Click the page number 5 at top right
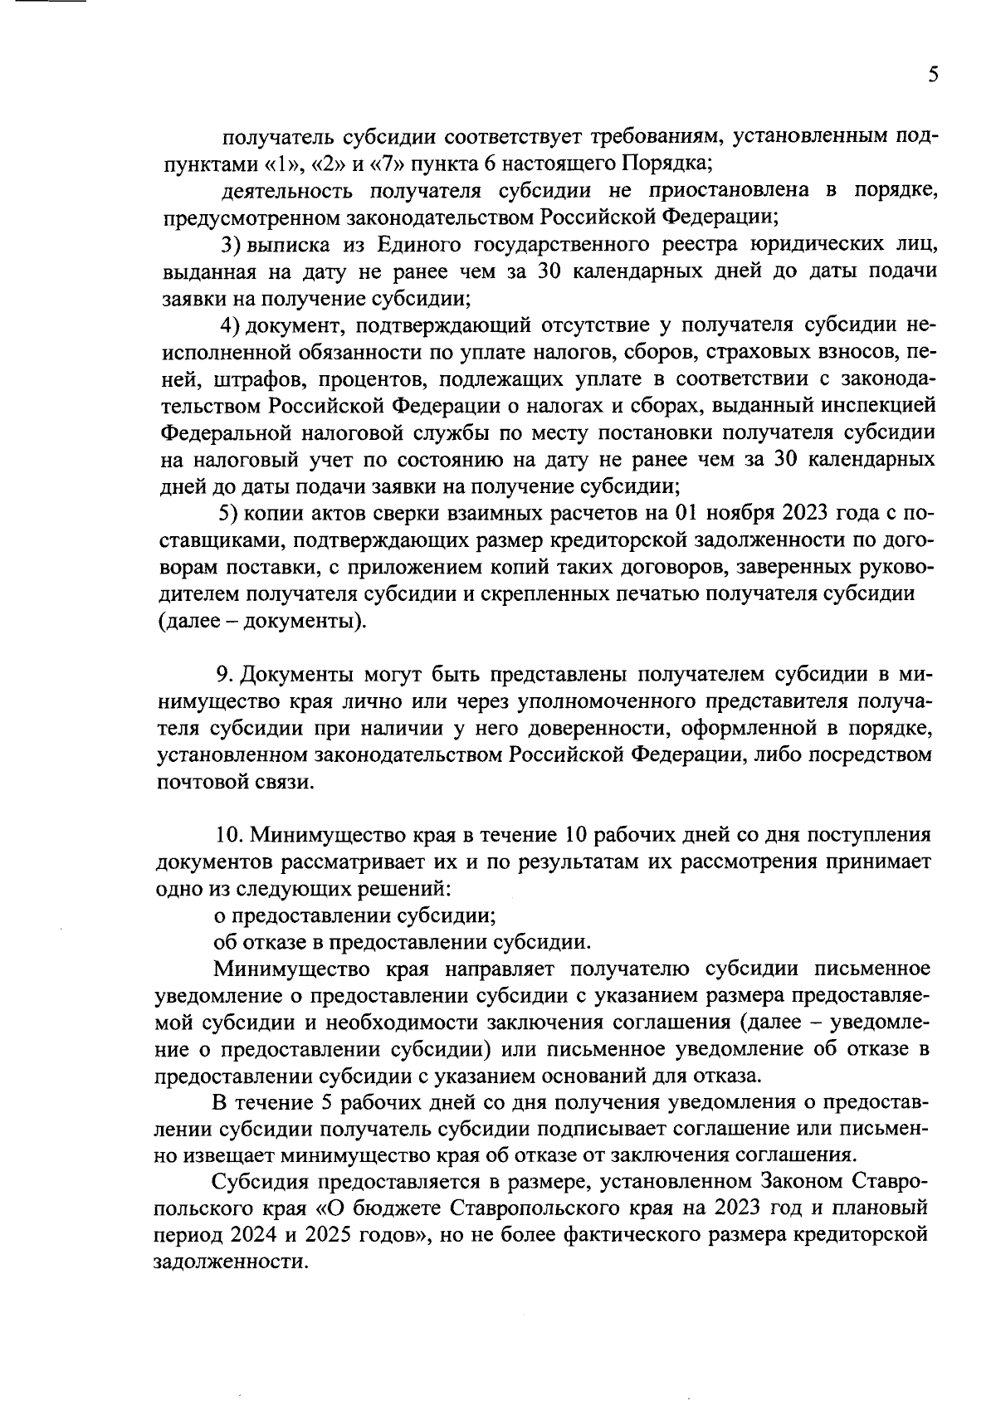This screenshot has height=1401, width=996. coord(933,76)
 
